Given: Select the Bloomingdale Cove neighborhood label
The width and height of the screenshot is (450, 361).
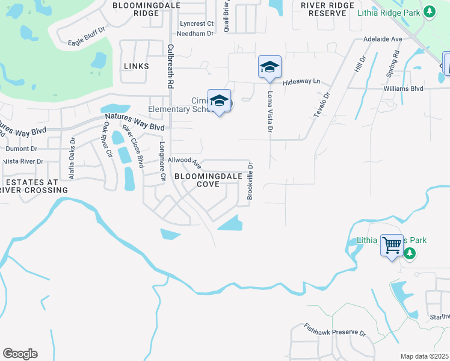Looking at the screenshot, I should (x=208, y=180).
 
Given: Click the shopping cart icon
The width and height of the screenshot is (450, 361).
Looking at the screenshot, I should (x=392, y=245).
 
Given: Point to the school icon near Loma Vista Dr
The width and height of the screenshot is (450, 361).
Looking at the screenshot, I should (x=270, y=67).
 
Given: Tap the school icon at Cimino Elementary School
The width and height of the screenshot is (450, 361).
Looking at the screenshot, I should (x=219, y=101).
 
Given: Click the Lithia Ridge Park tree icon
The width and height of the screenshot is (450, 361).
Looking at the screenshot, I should (x=428, y=11).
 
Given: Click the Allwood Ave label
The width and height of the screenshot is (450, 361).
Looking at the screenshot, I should (x=184, y=161).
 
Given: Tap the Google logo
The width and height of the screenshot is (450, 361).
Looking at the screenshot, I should (x=20, y=354).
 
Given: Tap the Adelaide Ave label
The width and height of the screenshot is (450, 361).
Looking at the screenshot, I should (x=383, y=39).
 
